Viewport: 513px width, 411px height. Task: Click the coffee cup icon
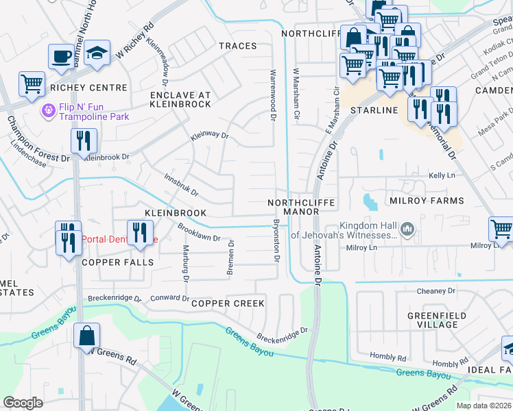61,55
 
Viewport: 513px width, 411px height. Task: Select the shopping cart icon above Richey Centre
32,84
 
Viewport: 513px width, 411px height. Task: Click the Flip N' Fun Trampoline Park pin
49,110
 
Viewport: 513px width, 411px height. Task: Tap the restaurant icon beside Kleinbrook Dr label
84,140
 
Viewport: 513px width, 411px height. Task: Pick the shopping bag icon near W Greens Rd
87,336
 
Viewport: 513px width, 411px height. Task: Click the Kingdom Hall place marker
407,227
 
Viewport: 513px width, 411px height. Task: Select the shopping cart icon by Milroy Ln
501,229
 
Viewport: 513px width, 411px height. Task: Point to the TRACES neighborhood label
237,46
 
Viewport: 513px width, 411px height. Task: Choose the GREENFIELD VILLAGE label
437,321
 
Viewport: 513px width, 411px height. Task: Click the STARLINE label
374,110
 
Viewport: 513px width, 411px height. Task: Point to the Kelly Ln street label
442,176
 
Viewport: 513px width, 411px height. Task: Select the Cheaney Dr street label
436,291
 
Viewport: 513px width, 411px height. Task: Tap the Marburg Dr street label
185,263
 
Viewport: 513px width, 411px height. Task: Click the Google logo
23,403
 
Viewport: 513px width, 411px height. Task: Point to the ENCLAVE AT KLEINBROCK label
180,99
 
